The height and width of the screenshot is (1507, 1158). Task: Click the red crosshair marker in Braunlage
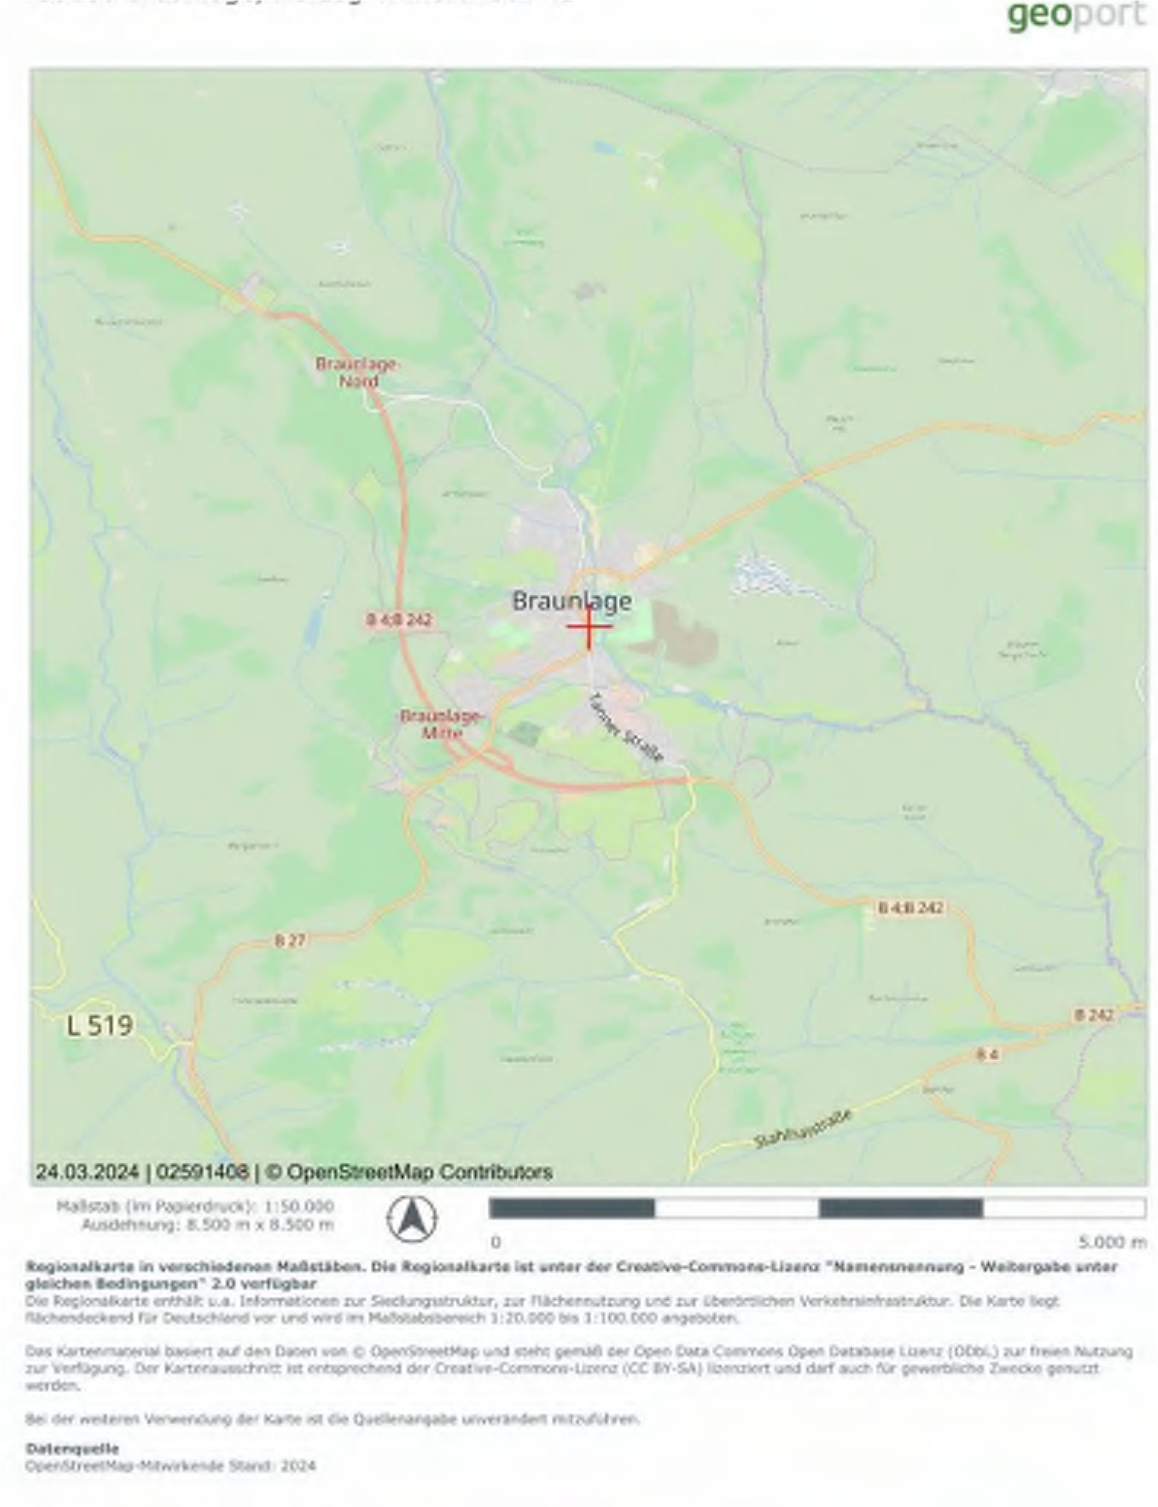588,626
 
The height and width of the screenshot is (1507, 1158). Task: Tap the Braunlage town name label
571,602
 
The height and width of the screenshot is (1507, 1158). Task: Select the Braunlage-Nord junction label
356,372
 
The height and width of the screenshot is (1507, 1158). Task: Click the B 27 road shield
289,941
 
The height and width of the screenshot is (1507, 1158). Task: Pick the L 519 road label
100,1026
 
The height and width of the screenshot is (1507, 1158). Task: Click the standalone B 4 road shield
987,1055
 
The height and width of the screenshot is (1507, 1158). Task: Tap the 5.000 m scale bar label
1112,1242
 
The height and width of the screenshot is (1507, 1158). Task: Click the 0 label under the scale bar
496,1242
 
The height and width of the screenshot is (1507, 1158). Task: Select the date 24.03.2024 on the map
87,1172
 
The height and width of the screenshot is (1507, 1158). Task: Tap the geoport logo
1075,16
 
